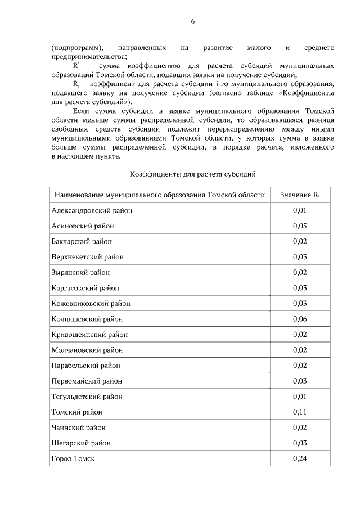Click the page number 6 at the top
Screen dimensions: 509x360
click(x=192, y=22)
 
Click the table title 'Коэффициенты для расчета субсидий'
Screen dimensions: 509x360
click(x=193, y=175)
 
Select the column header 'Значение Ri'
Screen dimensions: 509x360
click(x=299, y=195)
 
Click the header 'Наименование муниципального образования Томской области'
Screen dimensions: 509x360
click(x=159, y=195)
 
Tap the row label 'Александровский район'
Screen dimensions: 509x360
click(x=92, y=210)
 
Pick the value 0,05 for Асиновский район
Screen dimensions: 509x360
click(x=299, y=226)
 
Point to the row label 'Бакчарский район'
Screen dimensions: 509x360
click(x=82, y=241)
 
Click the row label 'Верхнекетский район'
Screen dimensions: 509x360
click(x=87, y=257)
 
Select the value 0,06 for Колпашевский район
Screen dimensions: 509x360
click(x=299, y=319)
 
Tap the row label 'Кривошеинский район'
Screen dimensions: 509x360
click(x=89, y=335)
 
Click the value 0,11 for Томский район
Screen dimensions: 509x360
click(x=299, y=412)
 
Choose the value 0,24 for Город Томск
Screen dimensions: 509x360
click(x=299, y=459)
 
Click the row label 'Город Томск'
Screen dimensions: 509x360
click(x=73, y=459)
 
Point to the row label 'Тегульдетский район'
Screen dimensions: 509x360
click(x=87, y=397)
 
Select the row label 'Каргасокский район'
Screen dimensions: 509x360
click(x=85, y=288)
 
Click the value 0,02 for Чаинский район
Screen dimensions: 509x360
click(x=299, y=427)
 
